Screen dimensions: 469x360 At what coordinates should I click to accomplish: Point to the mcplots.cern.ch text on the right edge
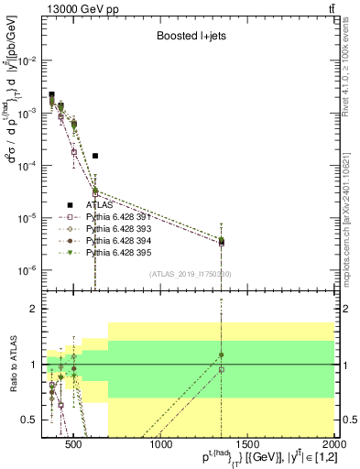point(352,211)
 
